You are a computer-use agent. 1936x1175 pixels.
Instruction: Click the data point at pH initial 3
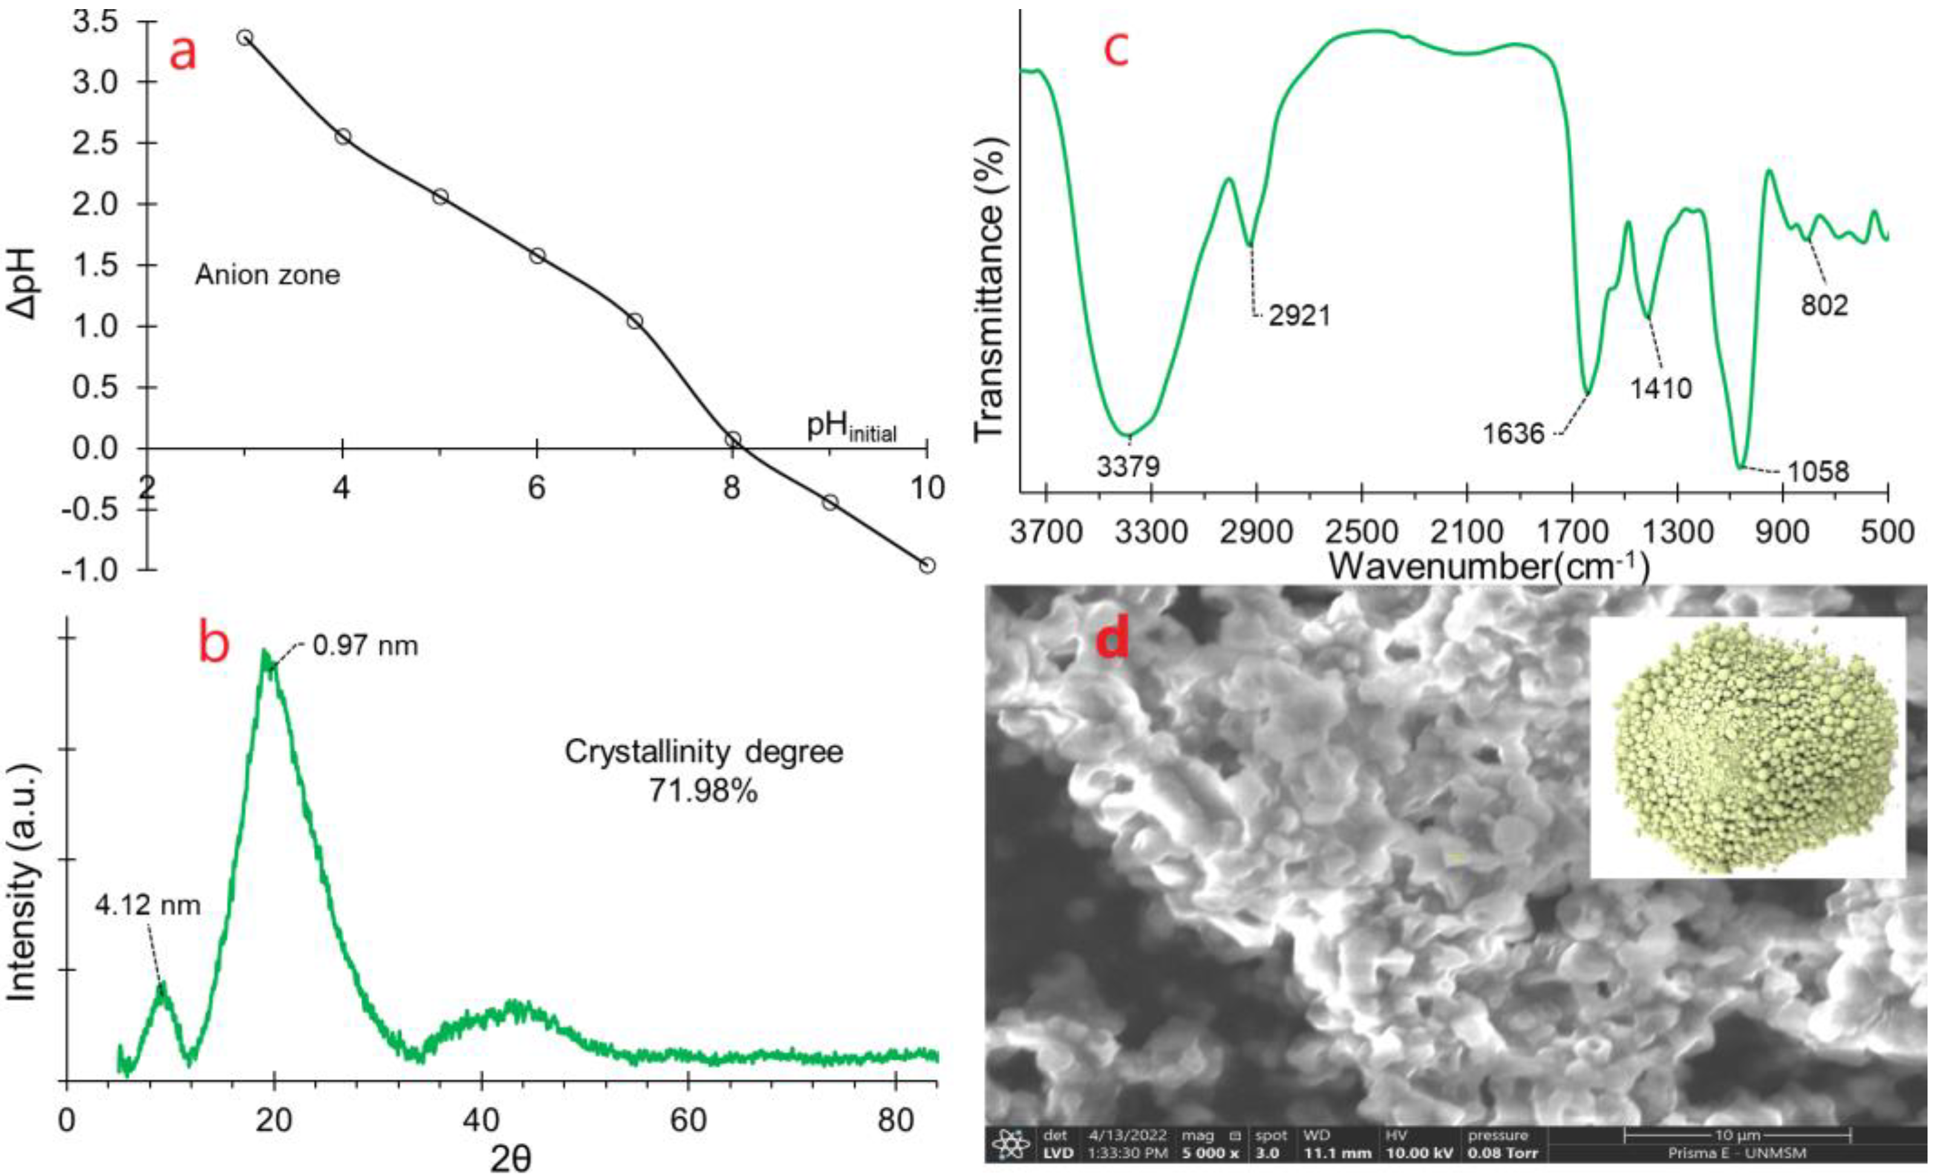[x=245, y=37]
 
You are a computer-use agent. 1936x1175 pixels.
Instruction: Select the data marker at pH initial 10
[x=927, y=565]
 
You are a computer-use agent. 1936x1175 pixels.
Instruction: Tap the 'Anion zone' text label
[x=267, y=275]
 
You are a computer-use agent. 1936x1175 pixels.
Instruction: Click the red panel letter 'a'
[x=183, y=53]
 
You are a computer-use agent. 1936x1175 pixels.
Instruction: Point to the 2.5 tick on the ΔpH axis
[x=102, y=143]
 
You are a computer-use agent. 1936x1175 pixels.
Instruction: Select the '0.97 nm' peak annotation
[x=365, y=646]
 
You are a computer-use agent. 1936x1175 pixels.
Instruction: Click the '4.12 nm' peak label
[x=148, y=906]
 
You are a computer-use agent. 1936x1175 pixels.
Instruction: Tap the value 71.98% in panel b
[x=703, y=791]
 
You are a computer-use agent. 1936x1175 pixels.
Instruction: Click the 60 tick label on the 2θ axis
[x=688, y=1120]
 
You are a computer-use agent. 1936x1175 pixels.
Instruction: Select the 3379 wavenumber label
[x=1129, y=466]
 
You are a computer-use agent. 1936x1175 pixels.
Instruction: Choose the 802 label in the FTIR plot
[x=1825, y=305]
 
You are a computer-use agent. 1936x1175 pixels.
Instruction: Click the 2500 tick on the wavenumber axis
[x=1361, y=533]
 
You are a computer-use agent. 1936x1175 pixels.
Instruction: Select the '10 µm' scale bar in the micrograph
[x=1737, y=1135]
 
